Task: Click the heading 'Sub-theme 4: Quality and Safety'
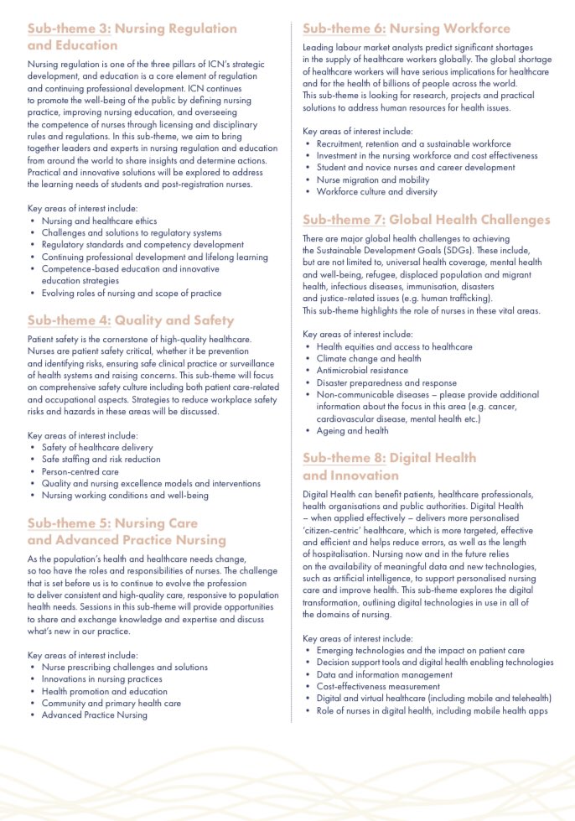131,320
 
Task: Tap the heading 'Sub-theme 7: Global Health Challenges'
426,220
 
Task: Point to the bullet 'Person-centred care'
80,471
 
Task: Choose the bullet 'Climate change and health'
369,358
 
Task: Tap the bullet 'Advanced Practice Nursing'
95,715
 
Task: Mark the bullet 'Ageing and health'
352,430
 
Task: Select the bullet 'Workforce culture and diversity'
377,191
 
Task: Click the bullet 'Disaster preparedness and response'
386,382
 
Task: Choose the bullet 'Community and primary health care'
111,703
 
